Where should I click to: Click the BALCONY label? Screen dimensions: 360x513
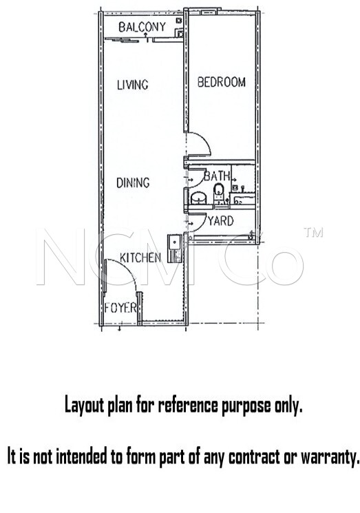click(x=142, y=27)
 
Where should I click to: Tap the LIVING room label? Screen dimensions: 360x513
click(x=132, y=85)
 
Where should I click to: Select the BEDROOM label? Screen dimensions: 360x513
click(x=222, y=82)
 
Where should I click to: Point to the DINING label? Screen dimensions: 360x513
click(x=133, y=182)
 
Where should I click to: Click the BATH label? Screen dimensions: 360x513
click(x=217, y=176)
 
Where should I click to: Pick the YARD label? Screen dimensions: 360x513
click(x=221, y=221)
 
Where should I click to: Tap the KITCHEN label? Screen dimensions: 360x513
click(x=140, y=258)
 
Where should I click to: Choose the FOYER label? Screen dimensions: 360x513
click(x=120, y=308)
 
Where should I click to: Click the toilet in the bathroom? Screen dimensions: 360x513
click(x=218, y=192)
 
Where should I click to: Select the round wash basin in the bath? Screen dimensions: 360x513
click(x=198, y=198)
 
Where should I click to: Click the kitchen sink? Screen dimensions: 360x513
click(x=174, y=249)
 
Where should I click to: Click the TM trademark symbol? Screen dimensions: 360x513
click(x=314, y=232)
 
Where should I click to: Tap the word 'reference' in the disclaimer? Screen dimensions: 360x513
click(x=188, y=406)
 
